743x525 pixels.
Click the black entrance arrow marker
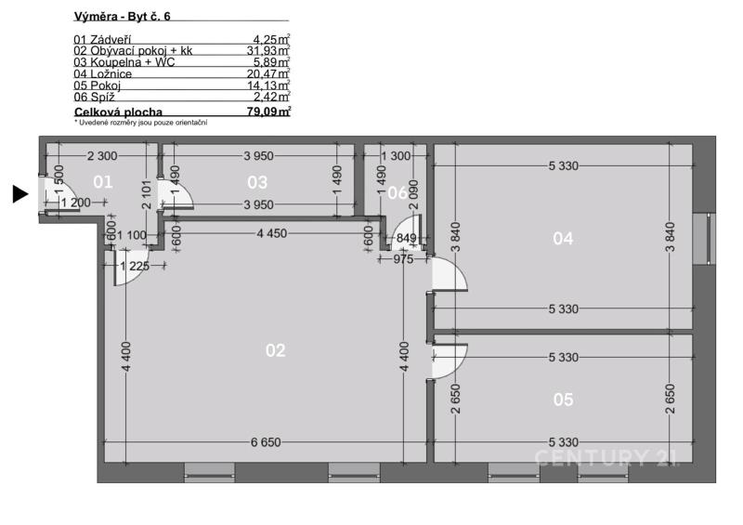click(20, 194)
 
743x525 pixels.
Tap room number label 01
click(103, 181)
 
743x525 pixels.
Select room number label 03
click(257, 182)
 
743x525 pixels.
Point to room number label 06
click(397, 192)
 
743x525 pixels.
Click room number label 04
click(563, 238)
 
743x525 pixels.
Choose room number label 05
click(563, 400)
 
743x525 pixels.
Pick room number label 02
click(275, 350)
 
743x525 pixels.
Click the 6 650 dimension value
click(266, 442)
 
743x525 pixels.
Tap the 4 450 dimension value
click(272, 233)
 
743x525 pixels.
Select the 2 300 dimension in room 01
click(102, 155)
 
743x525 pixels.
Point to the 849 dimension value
click(406, 238)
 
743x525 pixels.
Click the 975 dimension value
click(403, 259)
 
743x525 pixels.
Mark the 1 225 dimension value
click(135, 266)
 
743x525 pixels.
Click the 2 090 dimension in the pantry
click(413, 194)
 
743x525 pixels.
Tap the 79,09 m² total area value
click(268, 112)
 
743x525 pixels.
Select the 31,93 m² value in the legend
click(268, 50)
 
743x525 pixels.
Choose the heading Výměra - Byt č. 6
click(123, 16)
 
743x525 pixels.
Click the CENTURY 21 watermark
click(607, 458)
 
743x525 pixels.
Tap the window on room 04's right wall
click(704, 239)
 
